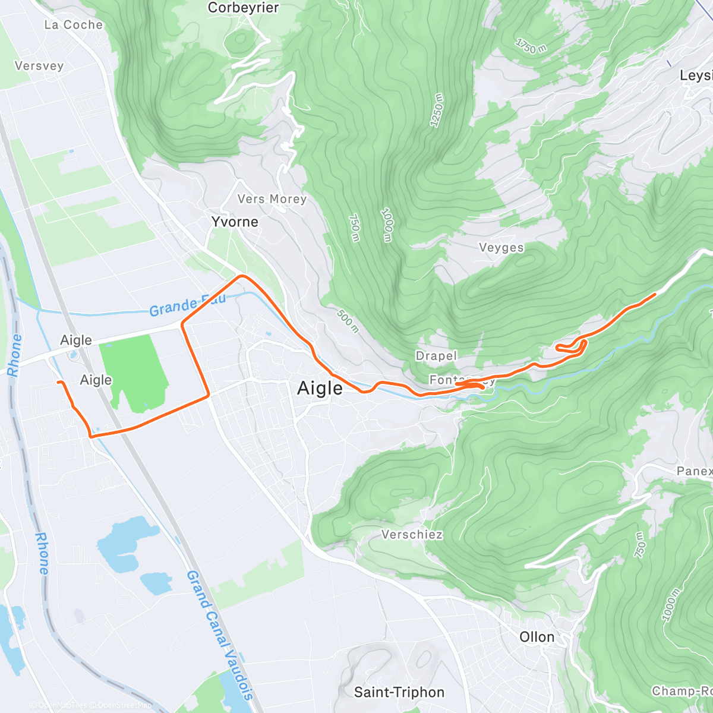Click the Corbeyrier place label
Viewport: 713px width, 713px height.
[244, 8]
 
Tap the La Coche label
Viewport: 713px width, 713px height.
[74, 25]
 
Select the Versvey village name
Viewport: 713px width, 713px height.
[39, 66]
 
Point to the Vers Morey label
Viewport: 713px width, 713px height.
[272, 199]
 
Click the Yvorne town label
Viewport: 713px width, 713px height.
[235, 222]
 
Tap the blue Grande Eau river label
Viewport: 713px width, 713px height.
[187, 305]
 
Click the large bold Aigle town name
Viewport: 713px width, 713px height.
[320, 389]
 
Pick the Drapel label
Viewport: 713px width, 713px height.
[436, 356]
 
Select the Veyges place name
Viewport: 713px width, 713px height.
[501, 248]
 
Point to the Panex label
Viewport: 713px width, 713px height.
[694, 471]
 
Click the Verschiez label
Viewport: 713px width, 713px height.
[412, 535]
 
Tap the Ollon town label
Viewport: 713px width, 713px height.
[537, 638]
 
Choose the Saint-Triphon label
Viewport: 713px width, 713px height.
[399, 693]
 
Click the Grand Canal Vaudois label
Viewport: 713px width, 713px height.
[220, 636]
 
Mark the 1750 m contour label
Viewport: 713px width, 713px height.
[531, 46]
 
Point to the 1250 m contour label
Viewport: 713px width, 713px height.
[437, 110]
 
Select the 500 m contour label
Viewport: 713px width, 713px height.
[348, 320]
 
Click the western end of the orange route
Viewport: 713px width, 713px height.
[58, 382]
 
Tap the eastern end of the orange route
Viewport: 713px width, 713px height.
[655, 294]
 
